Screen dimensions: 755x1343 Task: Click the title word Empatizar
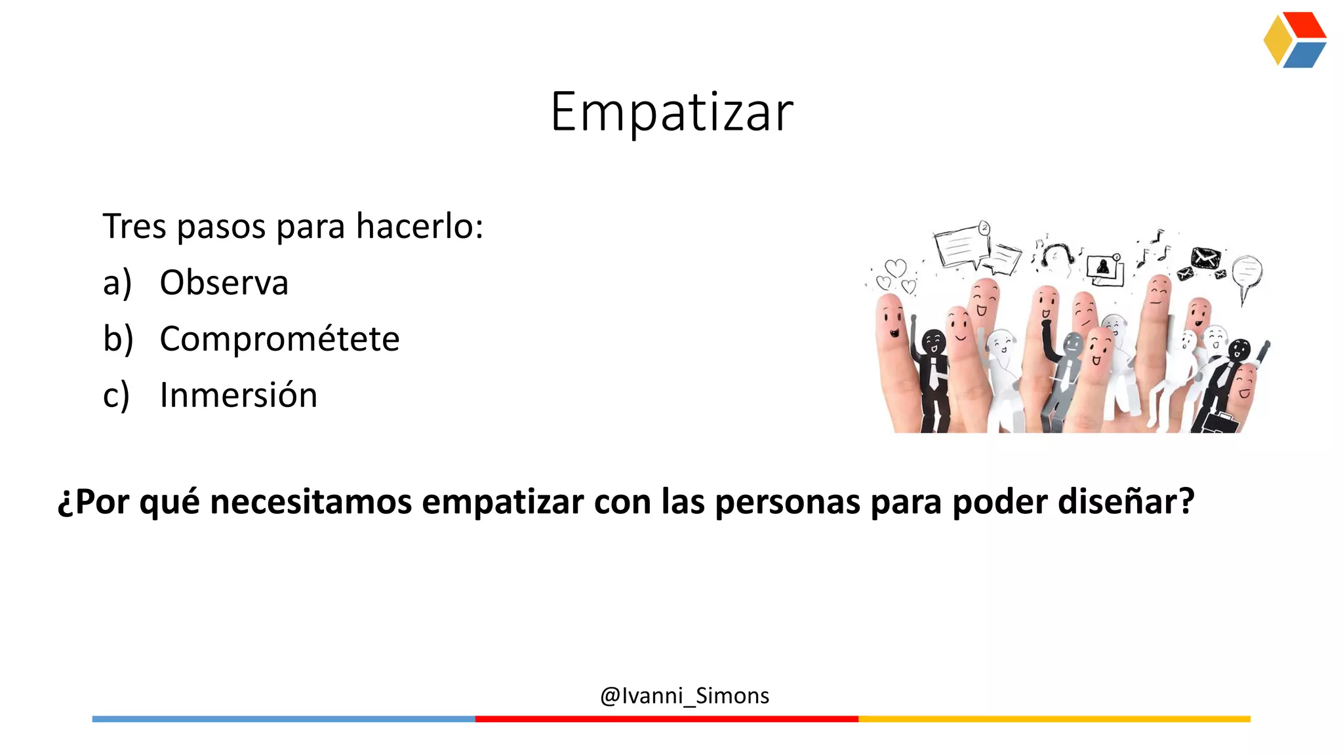pyautogui.click(x=671, y=113)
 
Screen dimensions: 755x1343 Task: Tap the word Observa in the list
pyautogui.click(x=224, y=283)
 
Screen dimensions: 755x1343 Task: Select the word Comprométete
pyautogui.click(x=279, y=339)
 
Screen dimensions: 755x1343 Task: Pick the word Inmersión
pyautogui.click(x=239, y=396)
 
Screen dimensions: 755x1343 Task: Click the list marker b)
pyautogui.click(x=118, y=339)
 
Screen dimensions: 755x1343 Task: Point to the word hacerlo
pyautogui.click(x=418, y=227)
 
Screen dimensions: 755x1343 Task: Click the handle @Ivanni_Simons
pyautogui.click(x=685, y=695)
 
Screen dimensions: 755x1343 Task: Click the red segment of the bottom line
pyautogui.click(x=666, y=719)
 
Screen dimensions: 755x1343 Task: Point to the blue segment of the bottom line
pyautogui.click(x=283, y=719)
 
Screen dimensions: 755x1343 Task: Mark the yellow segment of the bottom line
pyautogui.click(x=1054, y=719)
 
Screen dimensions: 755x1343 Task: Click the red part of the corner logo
pyautogui.click(x=1305, y=25)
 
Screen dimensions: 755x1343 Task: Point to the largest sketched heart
pyautogui.click(x=895, y=267)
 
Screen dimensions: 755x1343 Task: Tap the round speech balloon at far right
pyautogui.click(x=1247, y=271)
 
